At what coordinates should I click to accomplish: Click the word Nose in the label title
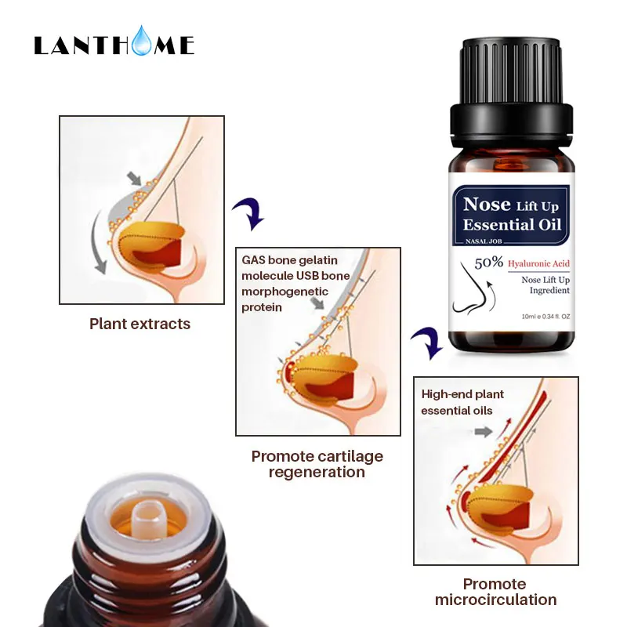coord(487,205)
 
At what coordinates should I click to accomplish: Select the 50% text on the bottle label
coord(488,263)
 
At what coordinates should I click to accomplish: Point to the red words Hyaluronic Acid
coord(538,263)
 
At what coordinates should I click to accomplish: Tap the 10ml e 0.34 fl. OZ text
coord(545,317)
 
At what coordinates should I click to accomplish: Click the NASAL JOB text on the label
coord(484,241)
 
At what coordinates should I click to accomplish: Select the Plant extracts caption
coord(140,324)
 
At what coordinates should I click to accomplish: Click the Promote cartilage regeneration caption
coord(317,464)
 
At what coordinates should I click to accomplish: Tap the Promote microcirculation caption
coord(495,592)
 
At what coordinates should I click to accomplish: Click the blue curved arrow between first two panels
coord(251,212)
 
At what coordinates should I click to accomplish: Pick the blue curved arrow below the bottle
coord(428,342)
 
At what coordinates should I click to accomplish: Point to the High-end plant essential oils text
coord(462,402)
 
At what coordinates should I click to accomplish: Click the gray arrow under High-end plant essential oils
coord(484,432)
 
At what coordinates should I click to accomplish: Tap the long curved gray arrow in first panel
coord(97,243)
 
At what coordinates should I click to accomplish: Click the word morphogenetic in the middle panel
coord(285,292)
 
